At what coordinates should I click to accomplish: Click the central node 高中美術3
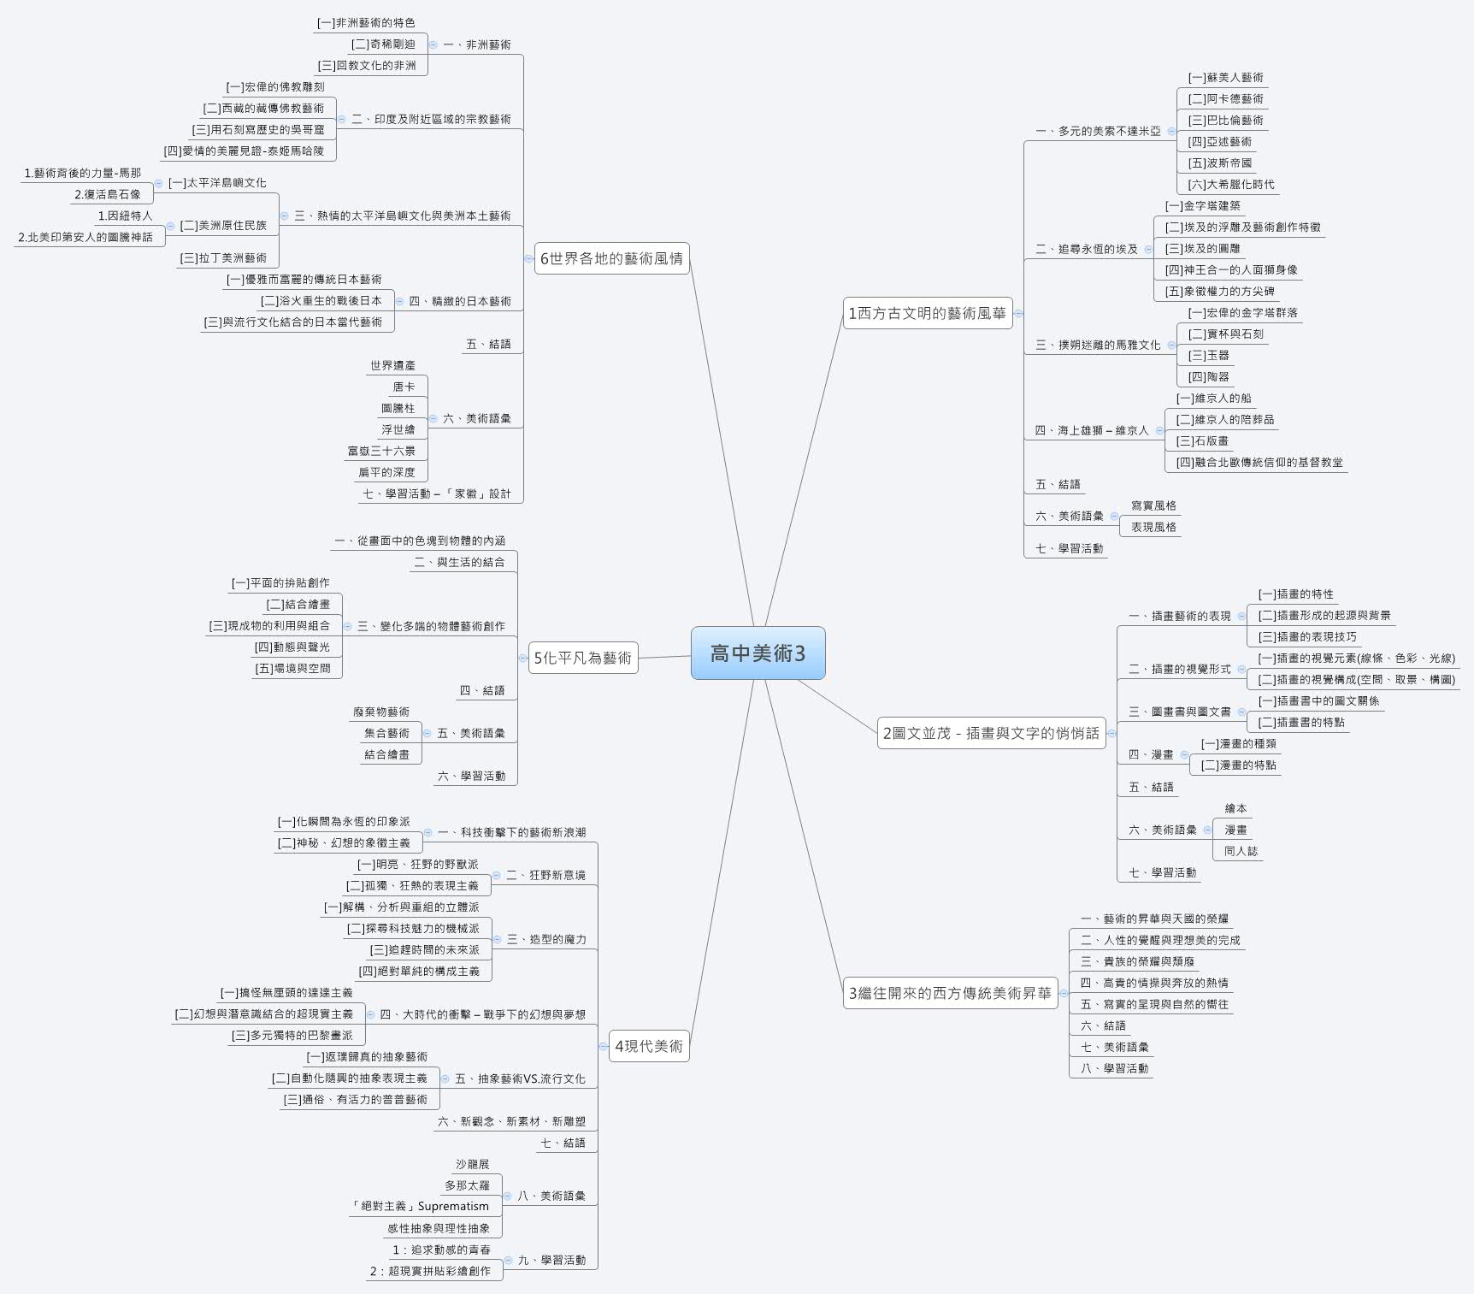tap(758, 653)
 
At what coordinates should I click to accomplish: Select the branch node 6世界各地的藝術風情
tap(611, 258)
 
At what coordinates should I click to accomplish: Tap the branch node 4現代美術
tap(649, 1046)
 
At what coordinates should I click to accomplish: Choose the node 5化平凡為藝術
tap(583, 658)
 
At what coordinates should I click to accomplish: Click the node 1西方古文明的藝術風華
tap(927, 314)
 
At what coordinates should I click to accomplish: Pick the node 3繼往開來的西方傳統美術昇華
tap(950, 993)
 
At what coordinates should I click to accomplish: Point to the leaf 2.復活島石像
tap(108, 194)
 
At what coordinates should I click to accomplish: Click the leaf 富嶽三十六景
tap(381, 451)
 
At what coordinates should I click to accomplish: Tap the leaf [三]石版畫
tap(1203, 440)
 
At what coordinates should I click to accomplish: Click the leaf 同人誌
tap(1241, 851)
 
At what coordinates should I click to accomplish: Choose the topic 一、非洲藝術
tap(477, 44)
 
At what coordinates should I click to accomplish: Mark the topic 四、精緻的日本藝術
tap(460, 301)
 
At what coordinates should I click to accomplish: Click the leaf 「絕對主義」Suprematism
tap(421, 1206)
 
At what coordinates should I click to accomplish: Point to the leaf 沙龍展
tap(472, 1164)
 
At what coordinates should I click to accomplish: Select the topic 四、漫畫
tap(1151, 754)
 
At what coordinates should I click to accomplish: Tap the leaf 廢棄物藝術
tap(381, 712)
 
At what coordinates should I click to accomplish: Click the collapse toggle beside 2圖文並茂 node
tap(1111, 733)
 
